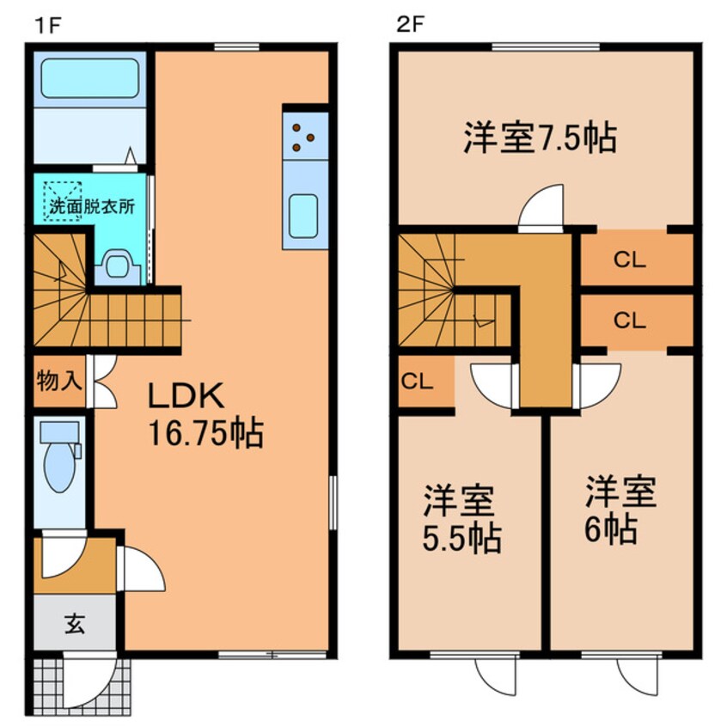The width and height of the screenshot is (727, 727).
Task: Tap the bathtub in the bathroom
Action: click(90, 80)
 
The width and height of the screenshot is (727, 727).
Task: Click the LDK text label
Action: click(186, 396)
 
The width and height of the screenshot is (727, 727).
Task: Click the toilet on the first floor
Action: click(61, 464)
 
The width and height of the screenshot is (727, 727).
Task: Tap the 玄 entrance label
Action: click(74, 625)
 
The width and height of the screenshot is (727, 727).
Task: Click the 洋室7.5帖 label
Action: click(540, 138)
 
